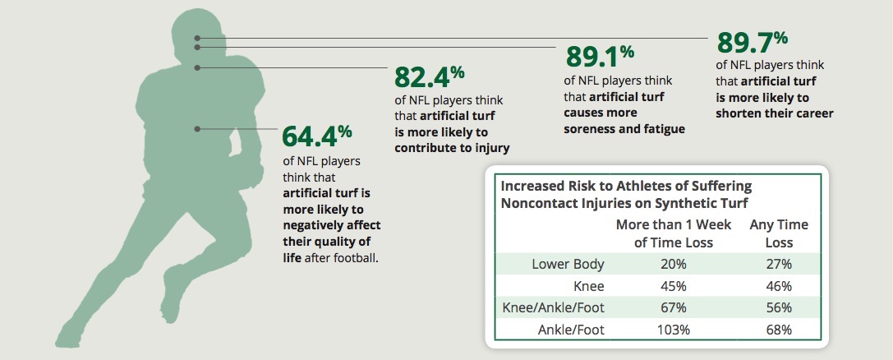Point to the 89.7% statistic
coord(752,41)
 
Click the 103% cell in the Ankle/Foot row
coord(673,330)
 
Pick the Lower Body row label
coord(568,264)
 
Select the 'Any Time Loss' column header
coord(778,233)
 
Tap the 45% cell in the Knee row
coord(673,286)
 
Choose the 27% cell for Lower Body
coord(778,264)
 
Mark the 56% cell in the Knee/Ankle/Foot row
coord(778,307)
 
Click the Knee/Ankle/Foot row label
coord(553,307)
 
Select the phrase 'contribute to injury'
coord(452,148)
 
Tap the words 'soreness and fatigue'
coord(624,129)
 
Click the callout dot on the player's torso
coord(197,128)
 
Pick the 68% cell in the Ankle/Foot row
coord(778,330)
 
